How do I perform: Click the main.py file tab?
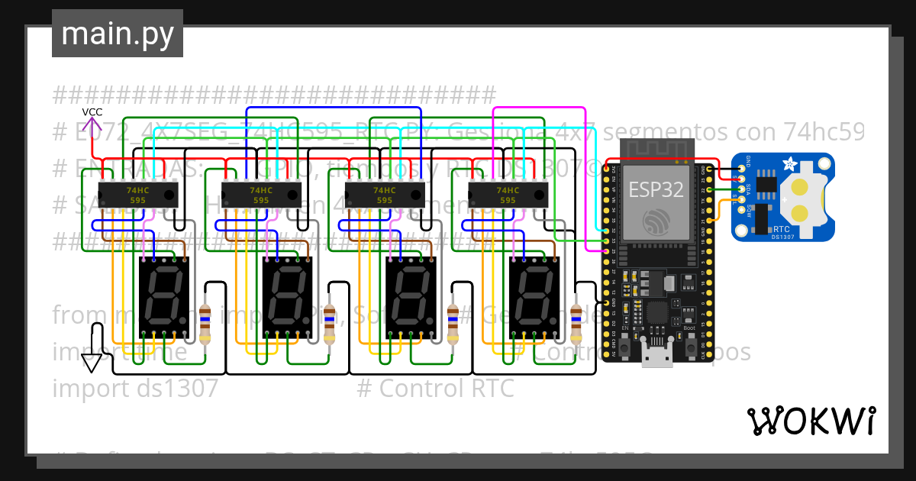click(118, 34)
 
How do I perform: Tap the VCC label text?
click(92, 112)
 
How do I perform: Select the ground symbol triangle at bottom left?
click(92, 363)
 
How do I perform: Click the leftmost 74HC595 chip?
click(137, 195)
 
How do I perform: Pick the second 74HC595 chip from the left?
click(260, 195)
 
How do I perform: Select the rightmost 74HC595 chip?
click(508, 195)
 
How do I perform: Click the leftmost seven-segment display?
click(164, 297)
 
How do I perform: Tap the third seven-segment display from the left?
click(410, 297)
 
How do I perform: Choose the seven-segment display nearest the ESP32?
click(534, 297)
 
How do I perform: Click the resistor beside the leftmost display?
click(205, 324)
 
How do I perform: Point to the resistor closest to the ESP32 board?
click(576, 324)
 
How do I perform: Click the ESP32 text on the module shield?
click(655, 189)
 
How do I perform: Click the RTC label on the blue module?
click(782, 228)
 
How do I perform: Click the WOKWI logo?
click(811, 421)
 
